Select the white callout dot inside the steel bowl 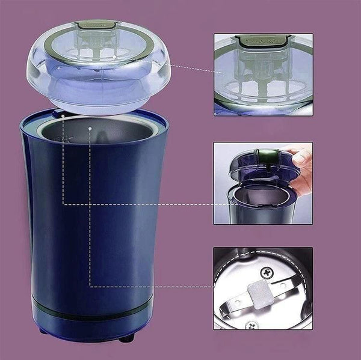click(x=89, y=128)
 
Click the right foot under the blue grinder click(x=126, y=338)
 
